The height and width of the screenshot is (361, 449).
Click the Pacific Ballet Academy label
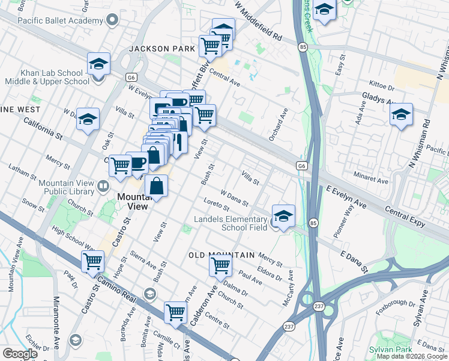coord(53,20)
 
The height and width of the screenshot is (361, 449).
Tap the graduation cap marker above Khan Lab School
coord(99,63)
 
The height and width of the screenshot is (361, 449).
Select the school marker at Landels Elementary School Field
coord(283,215)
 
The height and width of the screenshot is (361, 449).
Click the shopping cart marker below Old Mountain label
coord(221,265)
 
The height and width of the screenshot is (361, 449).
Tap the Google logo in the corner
coord(20,354)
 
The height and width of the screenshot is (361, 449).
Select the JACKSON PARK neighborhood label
coord(161,48)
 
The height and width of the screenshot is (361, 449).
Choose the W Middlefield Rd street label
coord(259,20)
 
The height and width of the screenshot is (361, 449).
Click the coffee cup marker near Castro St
coord(137,162)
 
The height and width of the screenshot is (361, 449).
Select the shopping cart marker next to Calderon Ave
coord(176,311)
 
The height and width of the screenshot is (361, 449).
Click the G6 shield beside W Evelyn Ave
coord(131,77)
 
